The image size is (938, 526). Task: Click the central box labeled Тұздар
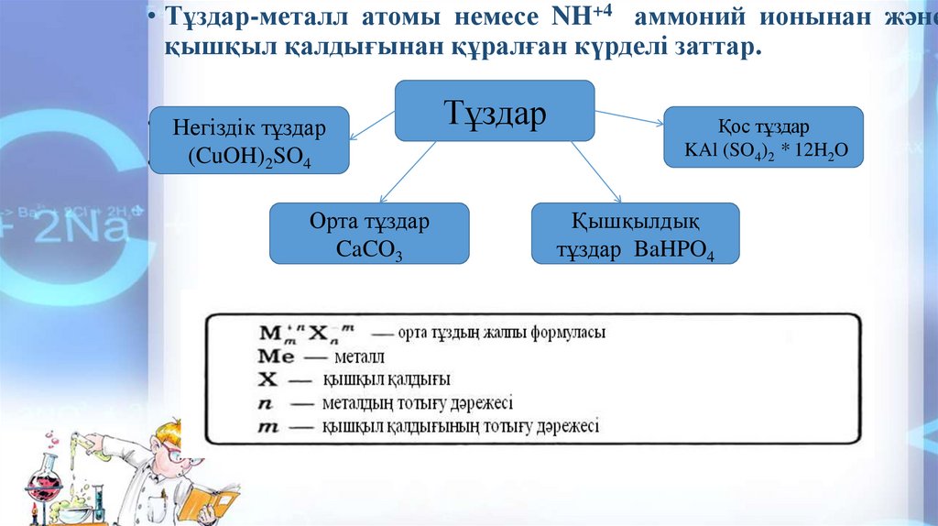(x=495, y=111)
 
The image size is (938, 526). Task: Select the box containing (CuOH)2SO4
(x=249, y=140)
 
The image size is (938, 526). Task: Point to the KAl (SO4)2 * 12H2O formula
(x=762, y=150)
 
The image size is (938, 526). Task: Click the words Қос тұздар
(x=762, y=127)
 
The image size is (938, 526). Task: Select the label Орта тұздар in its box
(x=369, y=222)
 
